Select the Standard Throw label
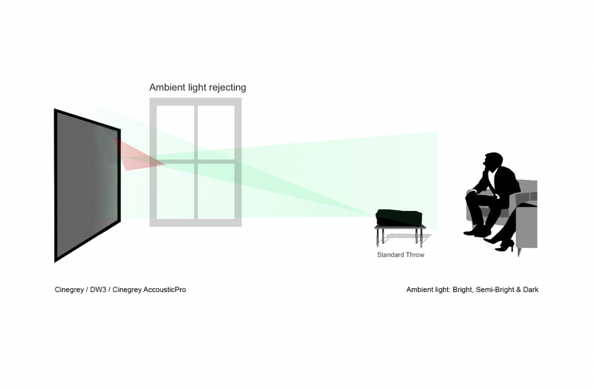(x=401, y=254)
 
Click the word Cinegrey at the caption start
(x=69, y=289)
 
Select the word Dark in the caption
(x=531, y=289)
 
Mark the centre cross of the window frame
(x=195, y=161)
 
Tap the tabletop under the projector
(x=400, y=227)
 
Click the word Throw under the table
(x=414, y=254)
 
